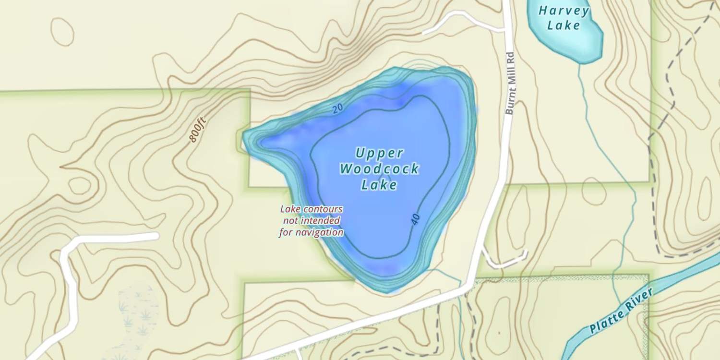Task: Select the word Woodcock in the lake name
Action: click(x=379, y=169)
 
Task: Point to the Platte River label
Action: click(x=622, y=311)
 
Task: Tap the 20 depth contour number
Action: click(x=337, y=109)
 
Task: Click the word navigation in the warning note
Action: click(x=321, y=232)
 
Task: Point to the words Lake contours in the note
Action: click(x=311, y=209)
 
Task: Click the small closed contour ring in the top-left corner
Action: click(x=62, y=32)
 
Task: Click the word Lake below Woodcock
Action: click(x=379, y=185)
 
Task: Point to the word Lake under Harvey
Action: click(x=564, y=25)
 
